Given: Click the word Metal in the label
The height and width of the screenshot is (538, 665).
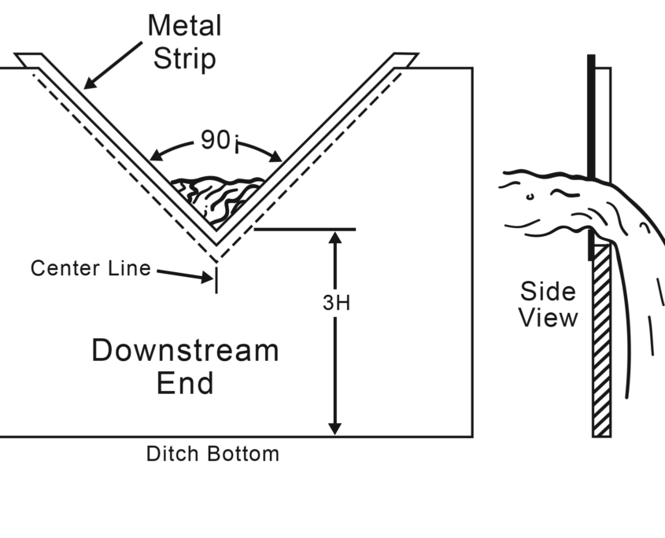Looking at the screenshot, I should [184, 26].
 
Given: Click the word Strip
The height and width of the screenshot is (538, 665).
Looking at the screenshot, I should [184, 59].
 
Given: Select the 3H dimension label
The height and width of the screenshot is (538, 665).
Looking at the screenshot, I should [336, 303].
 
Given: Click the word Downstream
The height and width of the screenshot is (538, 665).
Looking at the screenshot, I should [185, 350].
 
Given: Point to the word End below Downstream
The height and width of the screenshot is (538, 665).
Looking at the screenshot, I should [185, 384].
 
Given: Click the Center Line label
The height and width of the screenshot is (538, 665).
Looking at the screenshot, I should [91, 268].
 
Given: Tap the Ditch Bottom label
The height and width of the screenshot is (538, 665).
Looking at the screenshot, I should [212, 454].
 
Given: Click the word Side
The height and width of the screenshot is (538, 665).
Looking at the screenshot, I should [548, 292].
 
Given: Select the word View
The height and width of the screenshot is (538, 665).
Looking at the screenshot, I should [548, 318].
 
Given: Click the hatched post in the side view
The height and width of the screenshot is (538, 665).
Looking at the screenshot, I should [601, 346].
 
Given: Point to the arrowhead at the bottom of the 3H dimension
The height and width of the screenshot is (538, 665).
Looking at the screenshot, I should [335, 428].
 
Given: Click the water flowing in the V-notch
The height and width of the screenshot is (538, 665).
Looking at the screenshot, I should [218, 197].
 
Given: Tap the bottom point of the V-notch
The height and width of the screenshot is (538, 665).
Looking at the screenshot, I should [216, 244].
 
